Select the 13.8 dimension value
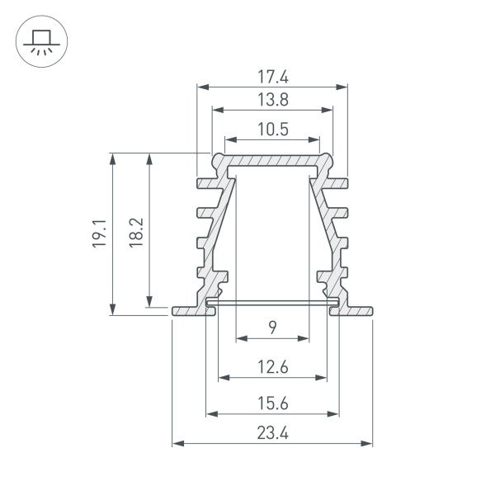click(272, 100)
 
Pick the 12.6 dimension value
click(272, 368)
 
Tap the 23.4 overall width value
click(272, 433)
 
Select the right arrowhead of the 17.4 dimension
click(340, 87)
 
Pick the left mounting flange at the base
click(188, 310)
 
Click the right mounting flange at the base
click(356, 310)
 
